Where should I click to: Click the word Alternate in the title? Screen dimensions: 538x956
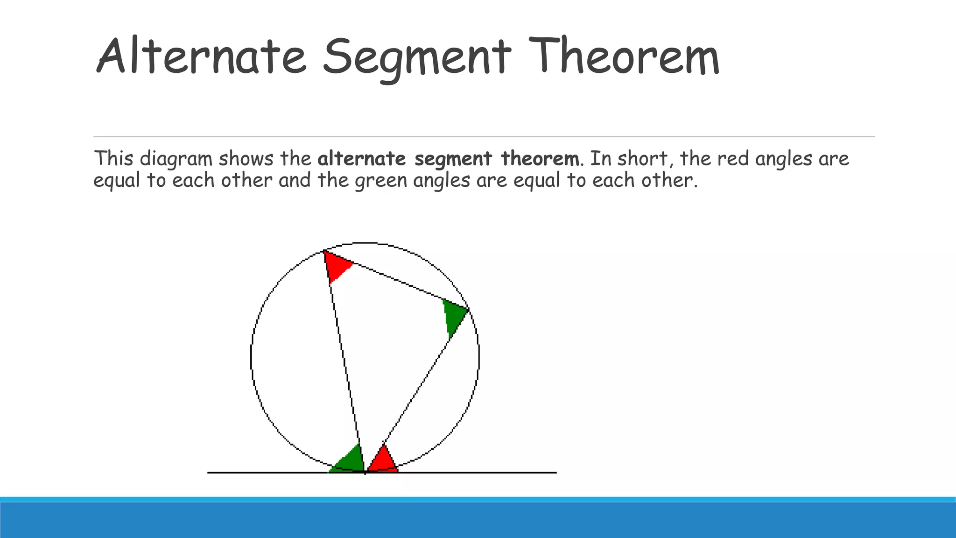click(201, 57)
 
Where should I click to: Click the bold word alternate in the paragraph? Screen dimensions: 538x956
click(362, 159)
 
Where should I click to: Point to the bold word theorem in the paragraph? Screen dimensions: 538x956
click(540, 159)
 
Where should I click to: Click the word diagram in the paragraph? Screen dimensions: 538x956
click(176, 159)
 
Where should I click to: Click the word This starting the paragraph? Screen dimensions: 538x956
click(114, 159)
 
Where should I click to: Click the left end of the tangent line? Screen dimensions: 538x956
click(209, 473)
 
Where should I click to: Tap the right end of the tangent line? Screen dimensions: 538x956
click(555, 473)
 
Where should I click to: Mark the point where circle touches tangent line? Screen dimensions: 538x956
click(365, 473)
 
